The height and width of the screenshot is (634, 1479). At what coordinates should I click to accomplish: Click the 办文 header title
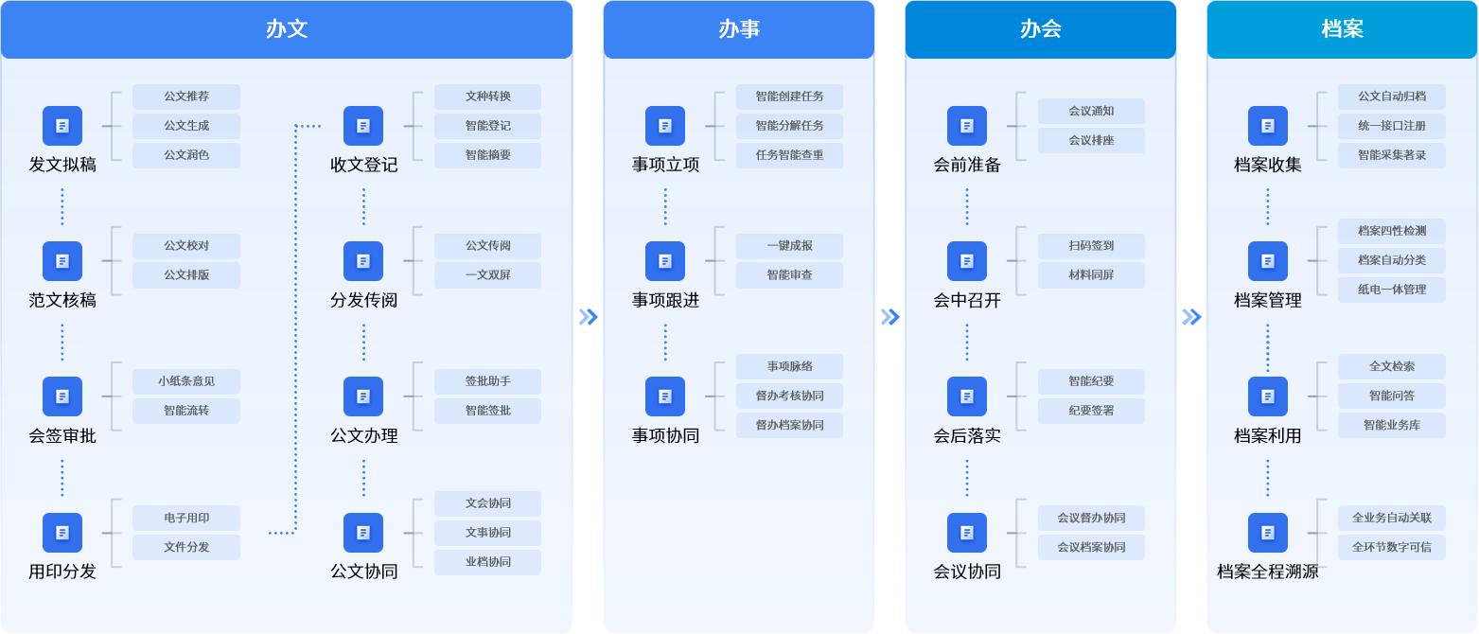pos(287,29)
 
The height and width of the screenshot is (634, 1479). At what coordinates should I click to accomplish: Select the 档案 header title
pos(1343,29)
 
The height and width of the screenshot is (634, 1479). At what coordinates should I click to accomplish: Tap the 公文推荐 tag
pos(186,97)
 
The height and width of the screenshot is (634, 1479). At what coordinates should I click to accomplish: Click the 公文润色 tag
pos(186,155)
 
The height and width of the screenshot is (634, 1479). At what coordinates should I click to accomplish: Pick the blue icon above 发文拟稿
pos(62,126)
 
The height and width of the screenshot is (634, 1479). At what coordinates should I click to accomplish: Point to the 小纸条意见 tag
pos(186,381)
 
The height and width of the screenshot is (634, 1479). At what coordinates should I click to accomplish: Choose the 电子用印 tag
pos(186,518)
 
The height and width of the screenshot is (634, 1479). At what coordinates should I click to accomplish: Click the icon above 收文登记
pos(363,126)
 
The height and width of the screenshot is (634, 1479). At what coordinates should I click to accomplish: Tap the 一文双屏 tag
pos(488,275)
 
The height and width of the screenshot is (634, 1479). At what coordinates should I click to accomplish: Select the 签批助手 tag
pos(488,381)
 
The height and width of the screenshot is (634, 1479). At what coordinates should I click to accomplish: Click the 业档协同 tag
pos(488,562)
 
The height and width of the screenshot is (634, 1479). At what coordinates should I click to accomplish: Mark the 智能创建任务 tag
pos(790,97)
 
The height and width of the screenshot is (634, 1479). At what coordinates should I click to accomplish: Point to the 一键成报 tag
pos(790,246)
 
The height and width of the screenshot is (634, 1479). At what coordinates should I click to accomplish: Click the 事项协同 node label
pos(665,436)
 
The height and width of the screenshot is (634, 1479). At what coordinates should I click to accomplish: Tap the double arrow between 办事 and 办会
pos(890,317)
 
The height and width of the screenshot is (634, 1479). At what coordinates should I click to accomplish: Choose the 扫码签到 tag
pos(1091,246)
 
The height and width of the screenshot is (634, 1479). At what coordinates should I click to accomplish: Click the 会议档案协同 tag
pos(1091,548)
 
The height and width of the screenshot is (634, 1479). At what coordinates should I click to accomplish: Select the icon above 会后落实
pos(967,396)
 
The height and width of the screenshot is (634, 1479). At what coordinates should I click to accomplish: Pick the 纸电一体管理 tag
pos(1392,290)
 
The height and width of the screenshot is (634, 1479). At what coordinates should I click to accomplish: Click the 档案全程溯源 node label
pos(1268,572)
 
